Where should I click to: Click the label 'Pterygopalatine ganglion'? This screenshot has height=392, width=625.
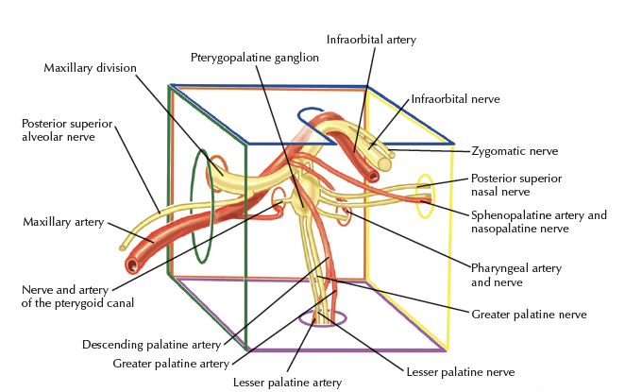coord(254,58)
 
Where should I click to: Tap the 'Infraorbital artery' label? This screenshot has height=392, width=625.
coord(371,40)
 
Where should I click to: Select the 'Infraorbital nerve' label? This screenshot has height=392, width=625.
coord(454,98)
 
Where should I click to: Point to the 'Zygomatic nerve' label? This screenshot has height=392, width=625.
coord(515,150)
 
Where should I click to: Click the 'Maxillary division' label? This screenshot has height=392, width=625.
coord(91,68)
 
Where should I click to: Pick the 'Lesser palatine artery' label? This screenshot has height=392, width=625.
coord(287,382)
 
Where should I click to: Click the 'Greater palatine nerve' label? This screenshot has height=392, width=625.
coord(528,314)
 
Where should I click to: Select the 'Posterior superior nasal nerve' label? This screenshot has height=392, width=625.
coord(515,184)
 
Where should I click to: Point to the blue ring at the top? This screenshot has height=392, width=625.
coord(312,116)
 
